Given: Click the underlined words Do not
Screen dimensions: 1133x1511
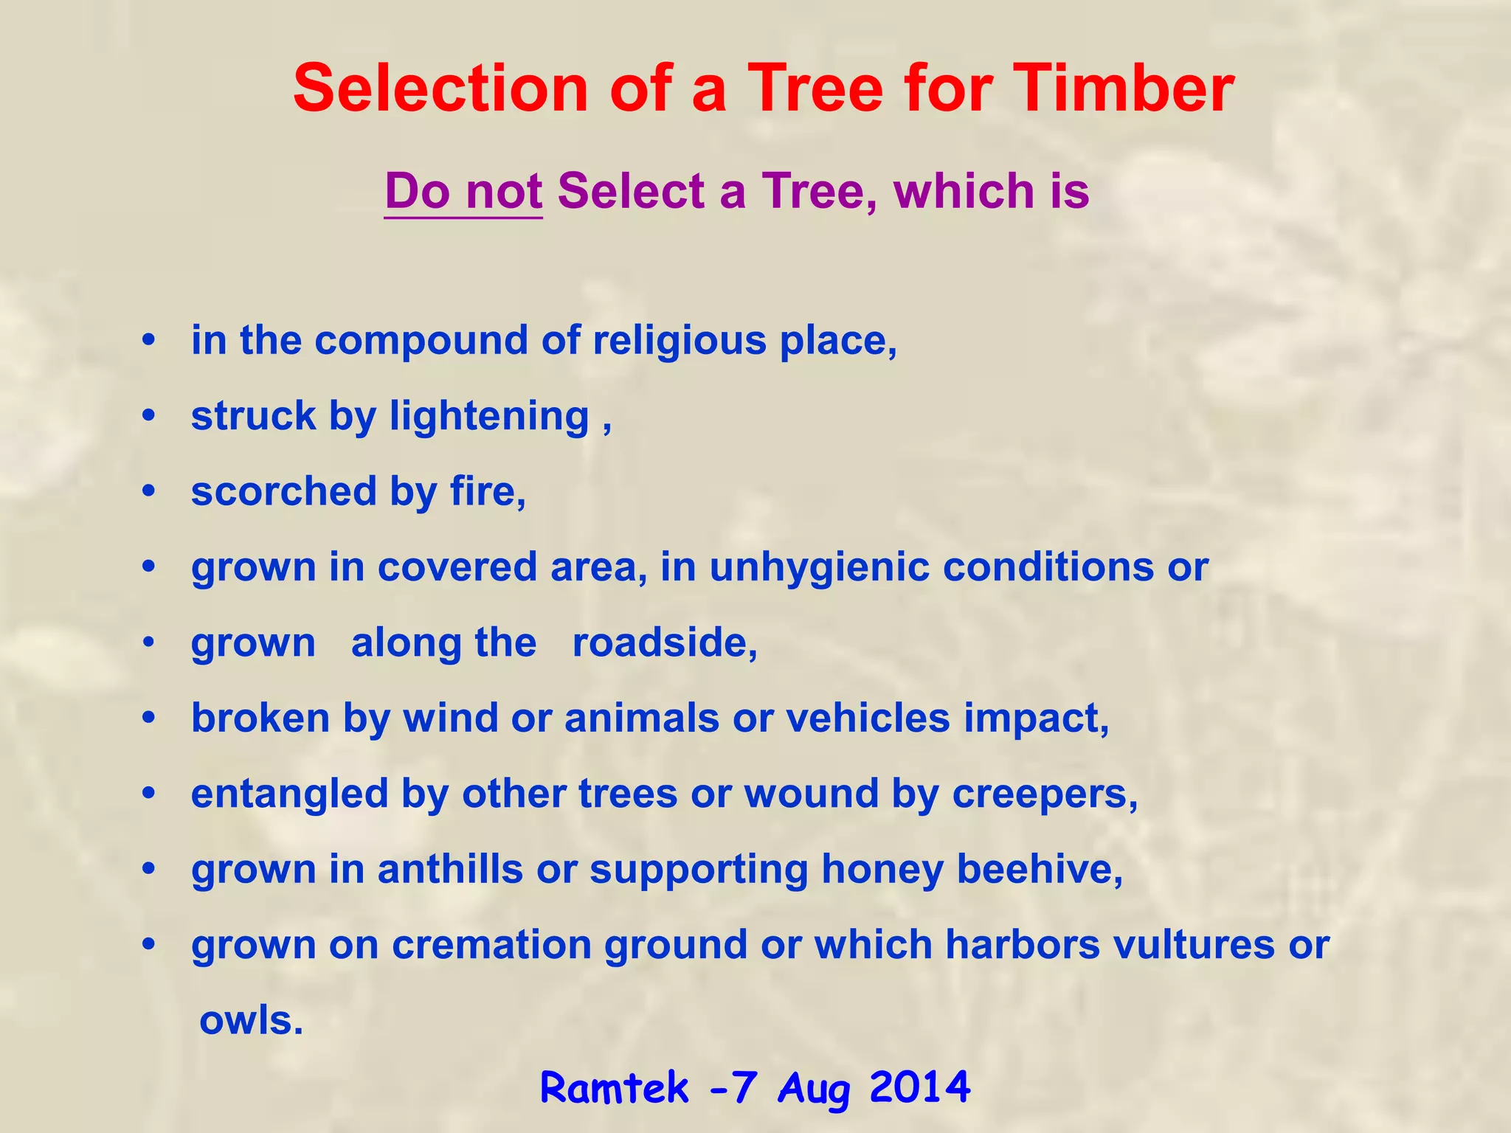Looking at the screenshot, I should pyautogui.click(x=463, y=191).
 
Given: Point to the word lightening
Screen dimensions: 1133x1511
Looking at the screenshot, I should pyautogui.click(x=489, y=417).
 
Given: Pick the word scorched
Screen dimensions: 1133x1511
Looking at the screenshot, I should pyautogui.click(x=284, y=491).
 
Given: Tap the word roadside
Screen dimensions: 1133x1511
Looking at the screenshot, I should pyautogui.click(x=664, y=642).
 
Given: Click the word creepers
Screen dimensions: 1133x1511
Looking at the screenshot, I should pyautogui.click(x=1045, y=794).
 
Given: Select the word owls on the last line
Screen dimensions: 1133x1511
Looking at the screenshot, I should pyautogui.click(x=251, y=1021).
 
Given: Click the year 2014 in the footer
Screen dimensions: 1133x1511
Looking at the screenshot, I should pyautogui.click(x=919, y=1087).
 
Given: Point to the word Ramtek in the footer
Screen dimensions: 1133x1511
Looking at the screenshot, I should pyautogui.click(x=615, y=1087).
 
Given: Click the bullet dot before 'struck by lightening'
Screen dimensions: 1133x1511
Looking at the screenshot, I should pyautogui.click(x=150, y=417).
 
